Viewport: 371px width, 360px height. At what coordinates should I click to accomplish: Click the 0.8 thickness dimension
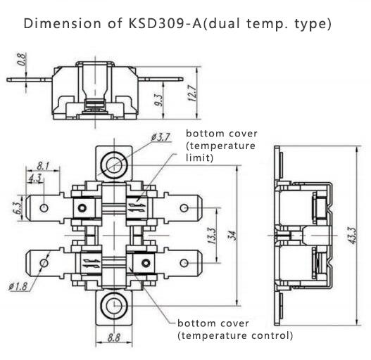pos(22,59)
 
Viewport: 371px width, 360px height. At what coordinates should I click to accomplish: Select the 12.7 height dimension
pos(192,93)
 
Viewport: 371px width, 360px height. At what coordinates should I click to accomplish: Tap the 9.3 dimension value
pos(160,100)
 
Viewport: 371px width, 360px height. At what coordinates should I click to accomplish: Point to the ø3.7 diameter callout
pos(161,137)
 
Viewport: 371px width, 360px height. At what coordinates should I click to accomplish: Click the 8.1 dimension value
pos(43,166)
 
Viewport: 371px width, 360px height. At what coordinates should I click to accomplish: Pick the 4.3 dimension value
pos(35,178)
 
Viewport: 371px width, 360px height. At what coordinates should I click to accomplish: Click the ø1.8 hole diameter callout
pos(18,286)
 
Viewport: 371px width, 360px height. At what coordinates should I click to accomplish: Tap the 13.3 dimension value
pos(211,236)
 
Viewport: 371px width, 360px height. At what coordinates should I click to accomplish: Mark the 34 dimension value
pos(233,236)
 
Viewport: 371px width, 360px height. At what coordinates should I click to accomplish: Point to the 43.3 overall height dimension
pos(351,236)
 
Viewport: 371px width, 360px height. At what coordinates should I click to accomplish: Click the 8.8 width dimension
pos(114,337)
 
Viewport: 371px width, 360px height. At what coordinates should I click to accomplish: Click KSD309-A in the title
pos(165,23)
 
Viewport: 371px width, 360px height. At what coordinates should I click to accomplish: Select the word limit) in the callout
pos(199,157)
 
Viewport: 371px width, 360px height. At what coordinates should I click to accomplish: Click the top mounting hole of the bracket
pos(114,165)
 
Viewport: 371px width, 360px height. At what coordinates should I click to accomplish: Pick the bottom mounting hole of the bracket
pos(114,306)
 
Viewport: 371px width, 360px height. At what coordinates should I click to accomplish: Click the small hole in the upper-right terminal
pos(184,208)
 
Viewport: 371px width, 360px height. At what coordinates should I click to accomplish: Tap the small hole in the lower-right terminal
pos(184,263)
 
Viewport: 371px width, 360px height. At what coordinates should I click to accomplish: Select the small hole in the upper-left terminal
pos(44,208)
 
